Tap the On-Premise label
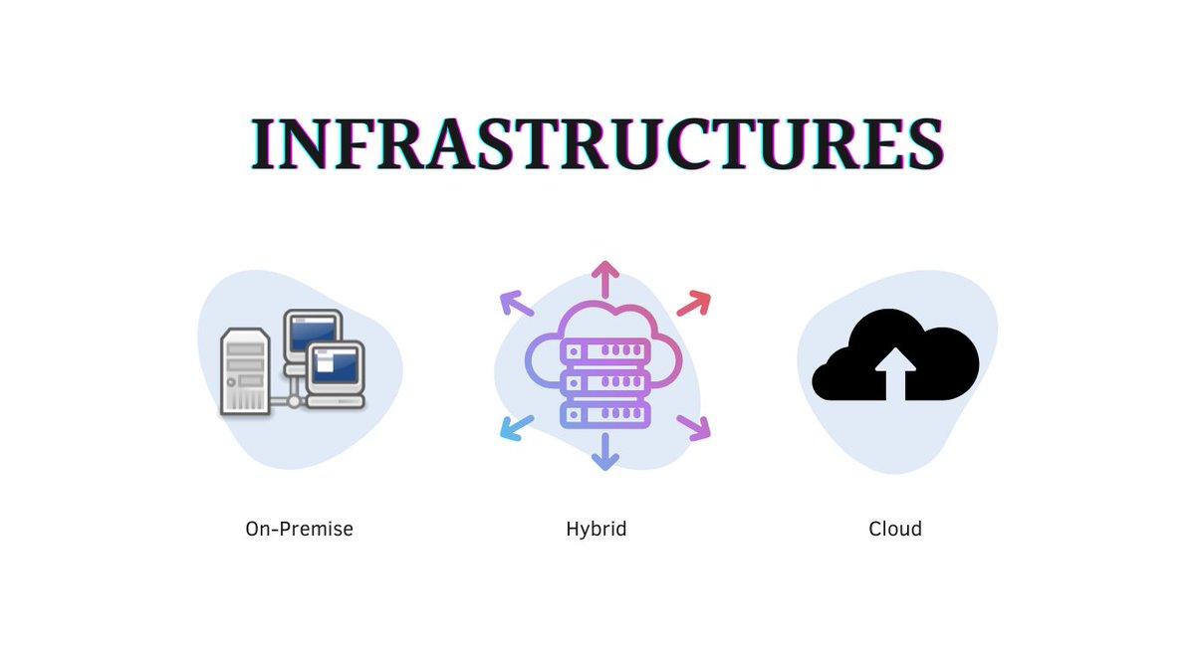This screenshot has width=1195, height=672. point(299,529)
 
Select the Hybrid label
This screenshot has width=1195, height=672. point(597,529)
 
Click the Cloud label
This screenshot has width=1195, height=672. point(895,529)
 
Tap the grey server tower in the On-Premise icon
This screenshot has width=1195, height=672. point(245,371)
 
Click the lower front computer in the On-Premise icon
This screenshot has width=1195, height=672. point(336,370)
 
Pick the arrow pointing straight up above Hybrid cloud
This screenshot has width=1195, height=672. point(604,279)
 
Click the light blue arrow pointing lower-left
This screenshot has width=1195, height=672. point(515,428)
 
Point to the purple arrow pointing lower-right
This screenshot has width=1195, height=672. point(694,428)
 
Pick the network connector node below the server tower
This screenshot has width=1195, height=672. point(294,401)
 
